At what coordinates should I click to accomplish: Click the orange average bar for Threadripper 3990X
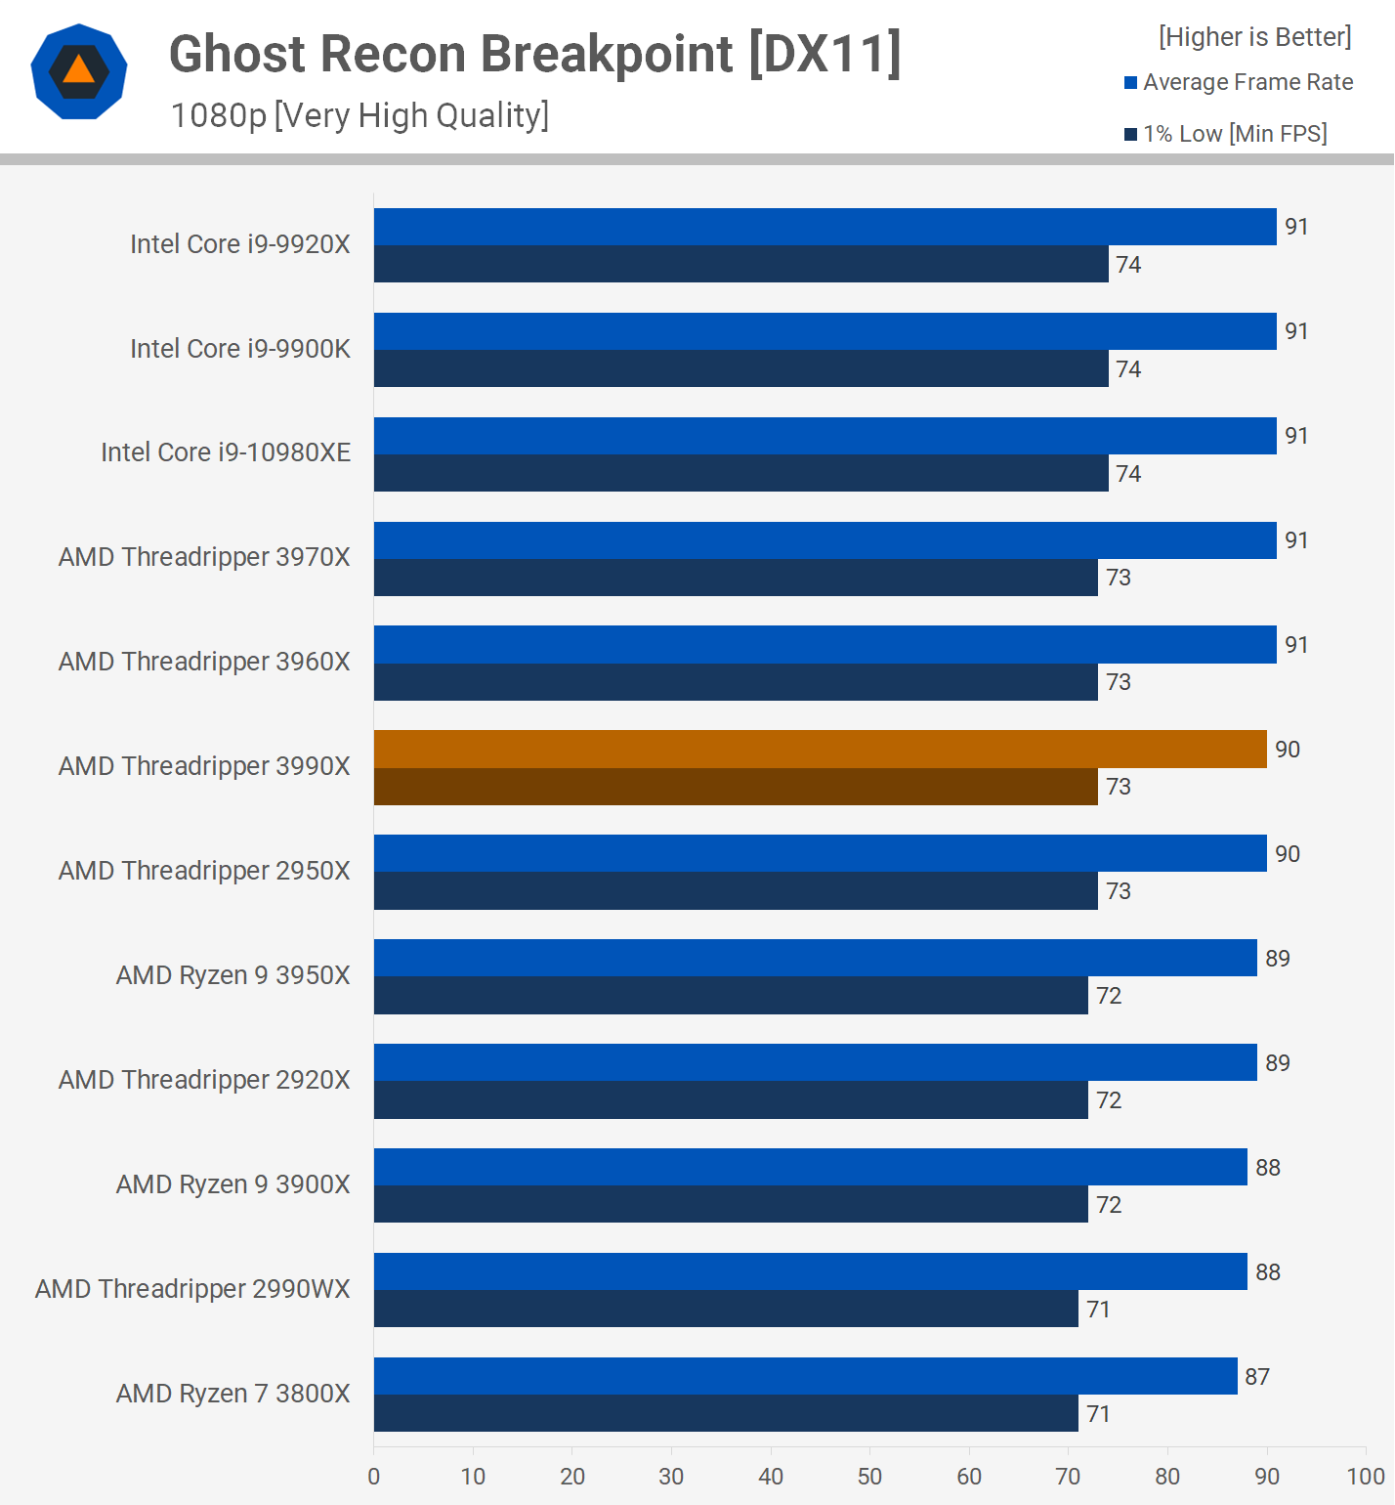pos(820,749)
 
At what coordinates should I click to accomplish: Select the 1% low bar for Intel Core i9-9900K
pos(740,368)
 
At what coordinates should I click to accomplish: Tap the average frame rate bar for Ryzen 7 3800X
pos(805,1376)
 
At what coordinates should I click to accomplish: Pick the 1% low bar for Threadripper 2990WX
pos(726,1309)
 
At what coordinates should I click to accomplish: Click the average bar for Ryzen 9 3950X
pos(815,958)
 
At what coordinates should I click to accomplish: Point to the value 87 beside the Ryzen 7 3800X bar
pos(1257,1377)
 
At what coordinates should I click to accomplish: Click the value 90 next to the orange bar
pos(1288,750)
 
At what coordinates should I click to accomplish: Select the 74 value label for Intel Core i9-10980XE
pos(1128,474)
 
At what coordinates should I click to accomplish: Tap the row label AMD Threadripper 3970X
pos(204,557)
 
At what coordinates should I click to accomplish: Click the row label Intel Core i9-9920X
pos(240,244)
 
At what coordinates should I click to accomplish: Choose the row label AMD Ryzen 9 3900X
pos(232,1184)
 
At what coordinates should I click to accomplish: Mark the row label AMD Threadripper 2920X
pos(204,1080)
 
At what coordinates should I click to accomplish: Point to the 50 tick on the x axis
pos(869,1476)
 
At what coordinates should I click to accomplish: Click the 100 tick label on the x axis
pos(1365,1476)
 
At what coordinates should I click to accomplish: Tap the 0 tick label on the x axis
pos(374,1476)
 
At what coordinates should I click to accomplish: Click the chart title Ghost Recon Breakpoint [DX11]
pos(534,54)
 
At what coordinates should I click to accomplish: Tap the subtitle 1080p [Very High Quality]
pos(359,115)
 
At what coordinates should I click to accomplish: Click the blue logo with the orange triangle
pos(79,71)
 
